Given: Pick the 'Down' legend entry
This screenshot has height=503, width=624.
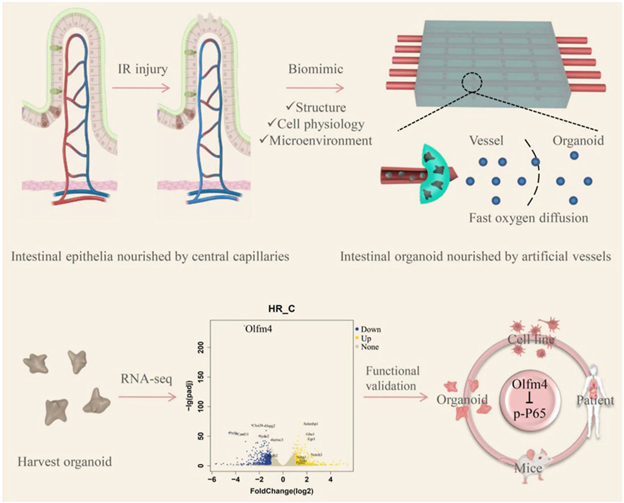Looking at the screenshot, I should point(371,329).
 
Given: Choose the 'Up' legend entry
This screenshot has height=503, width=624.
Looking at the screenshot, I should point(367,338).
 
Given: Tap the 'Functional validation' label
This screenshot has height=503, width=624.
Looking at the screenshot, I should point(393,378).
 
